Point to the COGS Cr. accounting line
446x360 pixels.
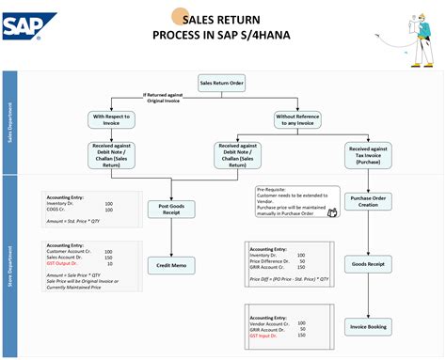tap(61, 209)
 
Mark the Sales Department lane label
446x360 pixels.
tap(10, 122)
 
